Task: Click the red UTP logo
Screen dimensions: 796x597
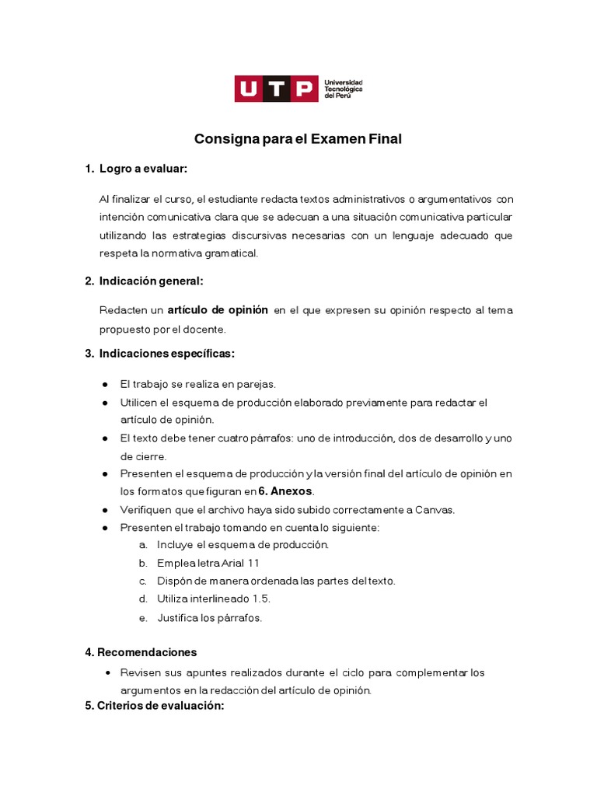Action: [276, 89]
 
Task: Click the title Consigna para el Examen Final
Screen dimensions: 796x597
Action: [298, 139]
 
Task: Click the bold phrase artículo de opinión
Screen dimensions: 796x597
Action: [218, 310]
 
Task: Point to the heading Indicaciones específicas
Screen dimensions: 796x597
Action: [166, 354]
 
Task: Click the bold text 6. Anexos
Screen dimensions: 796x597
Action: [285, 491]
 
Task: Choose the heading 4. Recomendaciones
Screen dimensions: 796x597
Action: [141, 652]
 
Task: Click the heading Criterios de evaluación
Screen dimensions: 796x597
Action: [154, 706]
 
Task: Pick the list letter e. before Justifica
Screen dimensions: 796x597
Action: [143, 619]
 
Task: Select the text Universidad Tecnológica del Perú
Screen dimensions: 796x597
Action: [344, 89]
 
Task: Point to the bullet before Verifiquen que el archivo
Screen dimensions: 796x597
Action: [105, 510]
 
